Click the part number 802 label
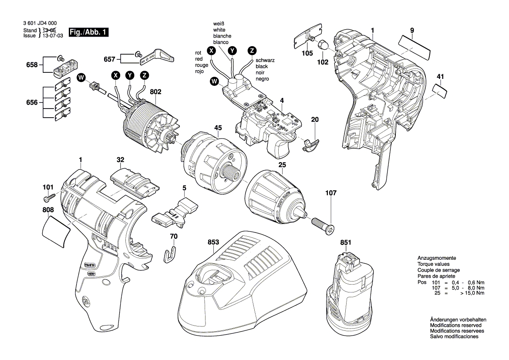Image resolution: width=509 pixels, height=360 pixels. coord(155,92)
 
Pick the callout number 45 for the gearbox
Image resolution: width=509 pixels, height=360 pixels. coord(218,128)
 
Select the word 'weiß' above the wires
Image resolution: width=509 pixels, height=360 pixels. coord(219,23)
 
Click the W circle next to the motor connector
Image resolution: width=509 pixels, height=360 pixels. coord(81,78)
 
